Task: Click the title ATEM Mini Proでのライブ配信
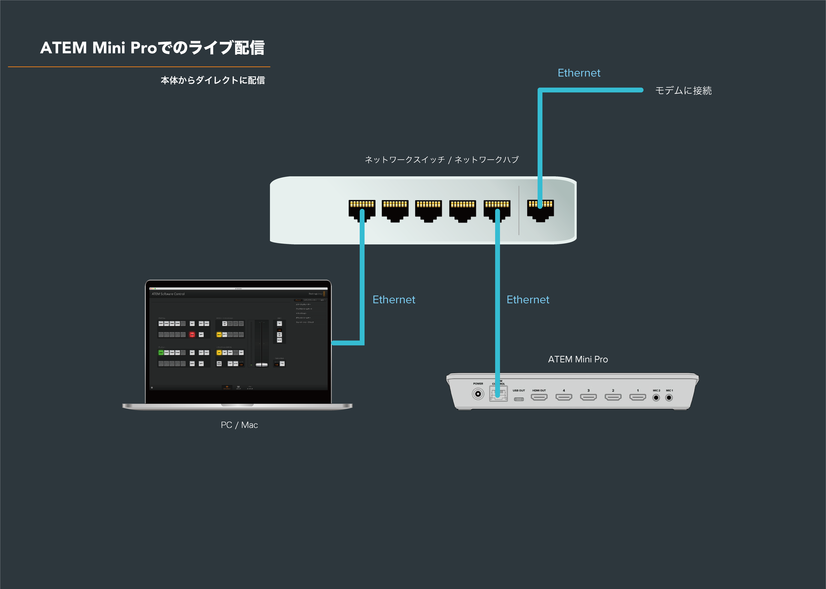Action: point(152,48)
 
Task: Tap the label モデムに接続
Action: point(683,90)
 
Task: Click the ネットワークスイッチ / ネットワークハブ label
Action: point(441,159)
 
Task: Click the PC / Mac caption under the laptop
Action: point(239,425)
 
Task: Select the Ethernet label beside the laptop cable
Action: point(394,300)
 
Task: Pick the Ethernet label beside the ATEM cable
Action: point(528,300)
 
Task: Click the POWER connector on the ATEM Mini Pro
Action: point(478,394)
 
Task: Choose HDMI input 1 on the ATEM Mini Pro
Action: point(637,397)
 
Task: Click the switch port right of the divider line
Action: point(540,210)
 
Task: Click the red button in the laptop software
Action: point(192,334)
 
